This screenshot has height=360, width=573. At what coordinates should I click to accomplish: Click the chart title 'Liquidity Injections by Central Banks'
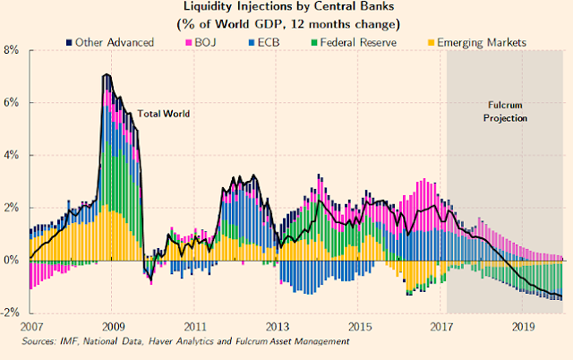point(286,7)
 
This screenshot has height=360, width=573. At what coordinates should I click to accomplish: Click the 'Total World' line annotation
point(162,115)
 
